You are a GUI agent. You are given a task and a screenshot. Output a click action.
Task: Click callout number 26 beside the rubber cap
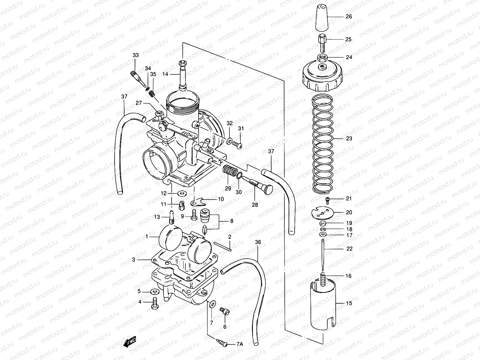tap(349, 17)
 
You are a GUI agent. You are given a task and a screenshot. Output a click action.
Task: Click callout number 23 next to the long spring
tap(349, 139)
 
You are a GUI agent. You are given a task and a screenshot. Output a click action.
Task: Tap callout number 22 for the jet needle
tap(349, 249)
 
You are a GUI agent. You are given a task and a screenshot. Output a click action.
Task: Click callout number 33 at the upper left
tap(136, 55)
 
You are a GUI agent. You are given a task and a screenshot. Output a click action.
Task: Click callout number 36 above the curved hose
tap(258, 242)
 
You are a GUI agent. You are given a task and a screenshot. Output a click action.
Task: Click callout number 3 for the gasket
tap(133, 260)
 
